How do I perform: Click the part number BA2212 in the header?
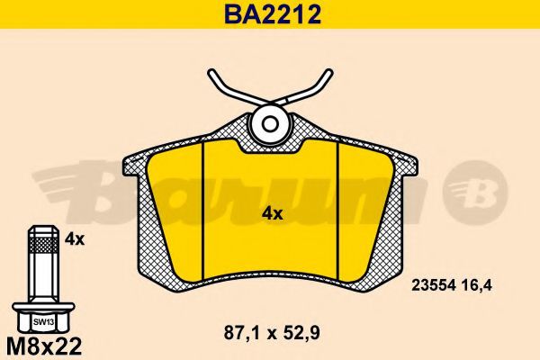pyautogui.click(x=273, y=14)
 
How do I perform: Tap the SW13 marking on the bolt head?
pyautogui.click(x=43, y=322)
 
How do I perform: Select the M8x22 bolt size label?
pyautogui.click(x=44, y=346)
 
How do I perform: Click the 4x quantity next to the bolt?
pyautogui.click(x=75, y=238)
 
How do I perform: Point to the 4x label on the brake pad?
pyautogui.click(x=272, y=214)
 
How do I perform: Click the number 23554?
pyautogui.click(x=434, y=285)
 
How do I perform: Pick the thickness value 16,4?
pyautogui.click(x=478, y=285)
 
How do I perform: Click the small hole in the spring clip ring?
pyautogui.click(x=270, y=123)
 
